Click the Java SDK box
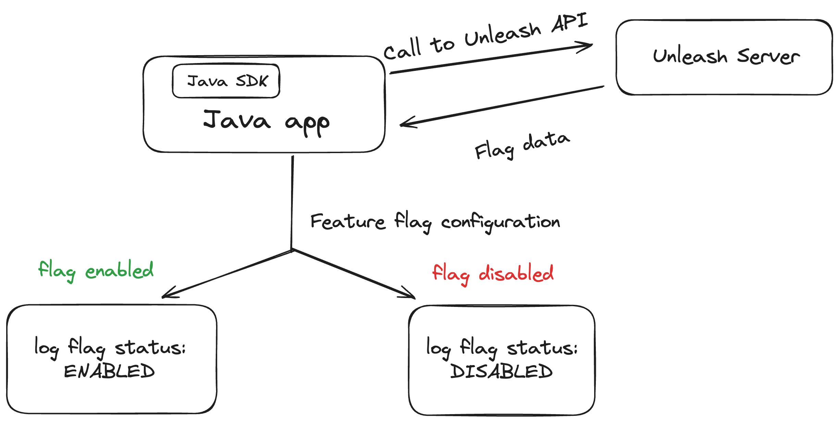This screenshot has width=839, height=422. [226, 81]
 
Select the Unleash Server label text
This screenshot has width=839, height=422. [726, 57]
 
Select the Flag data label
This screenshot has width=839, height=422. [522, 146]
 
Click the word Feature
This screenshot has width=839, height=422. [348, 222]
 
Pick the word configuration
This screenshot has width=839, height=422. [500, 222]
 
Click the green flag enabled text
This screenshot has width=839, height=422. [96, 271]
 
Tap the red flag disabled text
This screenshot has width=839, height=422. [492, 274]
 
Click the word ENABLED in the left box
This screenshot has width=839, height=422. [109, 371]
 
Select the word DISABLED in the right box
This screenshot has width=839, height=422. [501, 371]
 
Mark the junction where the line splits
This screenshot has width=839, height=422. [292, 250]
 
